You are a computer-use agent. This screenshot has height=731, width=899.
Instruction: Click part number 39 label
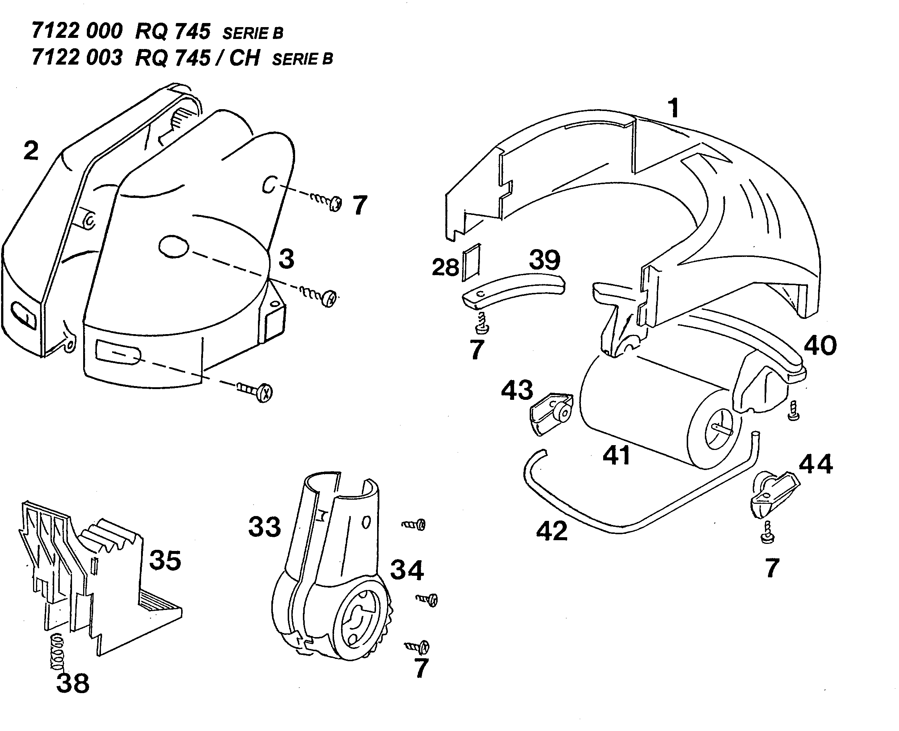[545, 260]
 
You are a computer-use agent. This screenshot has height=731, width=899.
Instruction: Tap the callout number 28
[445, 267]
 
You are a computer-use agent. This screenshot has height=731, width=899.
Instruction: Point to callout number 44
[815, 464]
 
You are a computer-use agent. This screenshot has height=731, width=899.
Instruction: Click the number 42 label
[551, 531]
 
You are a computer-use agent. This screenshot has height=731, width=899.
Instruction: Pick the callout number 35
[165, 560]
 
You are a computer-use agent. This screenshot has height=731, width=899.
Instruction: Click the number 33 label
[264, 526]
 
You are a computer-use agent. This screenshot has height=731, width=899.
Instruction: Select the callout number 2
[31, 150]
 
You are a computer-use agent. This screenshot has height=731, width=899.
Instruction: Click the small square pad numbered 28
[471, 262]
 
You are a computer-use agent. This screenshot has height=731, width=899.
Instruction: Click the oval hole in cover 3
[173, 247]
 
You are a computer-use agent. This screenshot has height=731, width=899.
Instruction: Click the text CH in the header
[245, 58]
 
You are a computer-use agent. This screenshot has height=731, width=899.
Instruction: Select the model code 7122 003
[76, 57]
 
